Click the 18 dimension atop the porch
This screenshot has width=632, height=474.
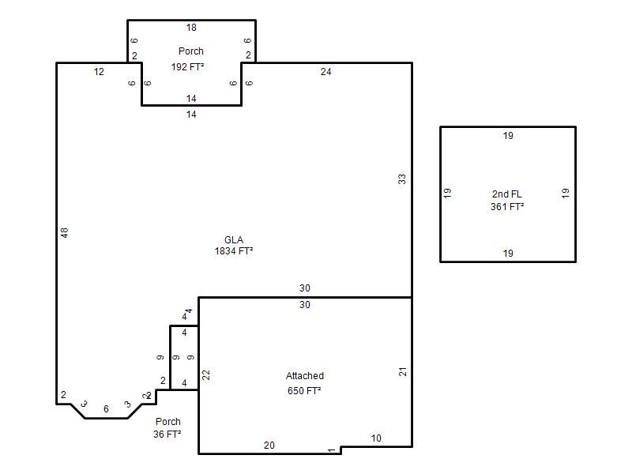click(191, 28)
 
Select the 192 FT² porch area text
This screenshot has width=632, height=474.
click(187, 66)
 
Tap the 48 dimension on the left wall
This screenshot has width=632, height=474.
click(65, 232)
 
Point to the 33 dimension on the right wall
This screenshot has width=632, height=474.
click(402, 179)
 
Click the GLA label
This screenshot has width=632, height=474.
click(234, 240)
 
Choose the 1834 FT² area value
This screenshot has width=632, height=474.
click(234, 251)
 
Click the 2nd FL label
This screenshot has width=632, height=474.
click(506, 194)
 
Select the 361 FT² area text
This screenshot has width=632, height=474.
click(507, 207)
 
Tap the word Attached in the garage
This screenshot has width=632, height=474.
click(305, 376)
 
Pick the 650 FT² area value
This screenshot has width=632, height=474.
click(304, 390)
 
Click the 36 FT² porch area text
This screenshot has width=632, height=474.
click(167, 434)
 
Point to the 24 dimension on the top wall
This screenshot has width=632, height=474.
click(325, 72)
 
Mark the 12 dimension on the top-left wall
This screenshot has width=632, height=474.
click(99, 72)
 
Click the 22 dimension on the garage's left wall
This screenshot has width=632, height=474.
click(206, 374)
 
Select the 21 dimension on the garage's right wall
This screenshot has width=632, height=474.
click(402, 371)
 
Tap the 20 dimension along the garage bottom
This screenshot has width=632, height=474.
click(269, 446)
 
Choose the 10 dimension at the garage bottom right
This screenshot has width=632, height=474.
click(376, 438)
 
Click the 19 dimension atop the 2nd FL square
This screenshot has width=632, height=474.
click(508, 136)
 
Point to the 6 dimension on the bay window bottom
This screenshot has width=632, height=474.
click(106, 409)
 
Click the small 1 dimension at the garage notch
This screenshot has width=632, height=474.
click(331, 450)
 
